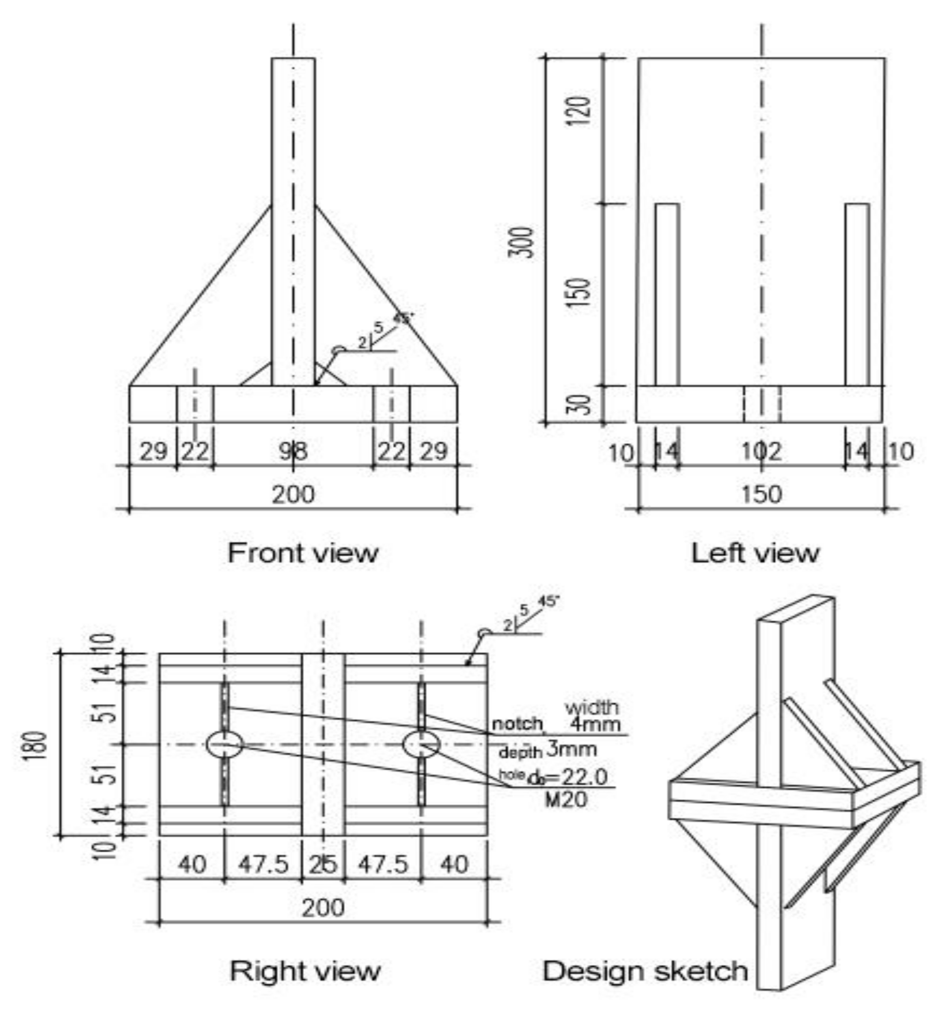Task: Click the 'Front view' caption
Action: [x=303, y=553]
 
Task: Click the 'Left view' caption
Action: [x=754, y=553]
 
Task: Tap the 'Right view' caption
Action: [x=305, y=970]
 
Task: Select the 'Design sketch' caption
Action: [x=645, y=970]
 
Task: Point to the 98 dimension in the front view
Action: [x=293, y=451]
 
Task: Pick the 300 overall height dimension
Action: [x=524, y=242]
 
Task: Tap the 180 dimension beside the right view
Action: [x=36, y=746]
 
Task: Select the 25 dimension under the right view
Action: [x=323, y=864]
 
